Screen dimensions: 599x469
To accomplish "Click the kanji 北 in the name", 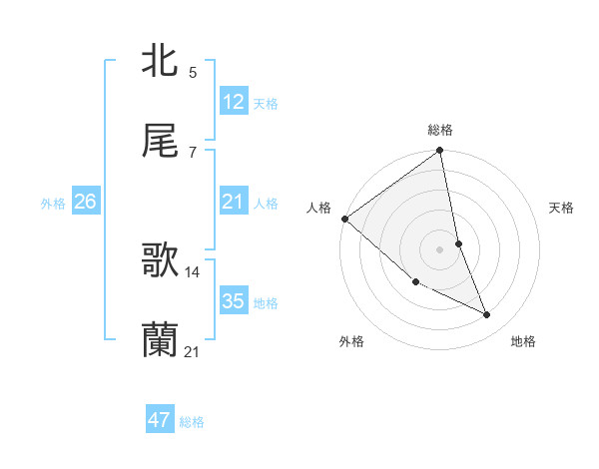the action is [161, 61].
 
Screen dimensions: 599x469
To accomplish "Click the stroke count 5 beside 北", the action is [192, 72].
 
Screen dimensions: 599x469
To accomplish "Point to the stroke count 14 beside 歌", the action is [193, 271].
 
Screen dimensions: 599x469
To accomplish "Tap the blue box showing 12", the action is [234, 102].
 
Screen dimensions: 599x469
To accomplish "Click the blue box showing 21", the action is [234, 202].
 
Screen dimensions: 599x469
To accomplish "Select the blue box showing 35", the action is [234, 301].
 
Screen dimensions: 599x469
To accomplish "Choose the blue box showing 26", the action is [85, 202].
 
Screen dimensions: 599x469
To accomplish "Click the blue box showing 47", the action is [160, 420].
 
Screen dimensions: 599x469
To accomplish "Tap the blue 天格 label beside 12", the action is [266, 104].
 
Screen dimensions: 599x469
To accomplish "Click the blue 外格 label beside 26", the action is [53, 204].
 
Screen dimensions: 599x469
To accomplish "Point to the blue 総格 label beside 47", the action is [192, 422].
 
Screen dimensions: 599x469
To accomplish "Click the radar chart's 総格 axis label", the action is [440, 130].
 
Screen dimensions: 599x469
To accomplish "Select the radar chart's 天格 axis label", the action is [561, 208].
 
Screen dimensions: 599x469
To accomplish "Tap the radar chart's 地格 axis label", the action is [523, 341].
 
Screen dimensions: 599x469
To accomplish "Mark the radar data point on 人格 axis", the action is [344, 219].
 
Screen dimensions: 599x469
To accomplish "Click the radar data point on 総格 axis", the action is [440, 152].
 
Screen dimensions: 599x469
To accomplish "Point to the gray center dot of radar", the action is [440, 249].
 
